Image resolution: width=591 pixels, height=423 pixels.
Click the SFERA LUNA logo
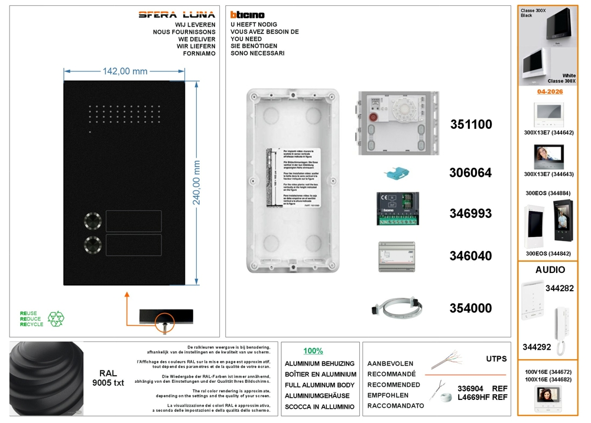(177, 15)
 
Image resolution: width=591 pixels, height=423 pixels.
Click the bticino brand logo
(247, 15)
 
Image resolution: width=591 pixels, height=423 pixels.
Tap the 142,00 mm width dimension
(125, 71)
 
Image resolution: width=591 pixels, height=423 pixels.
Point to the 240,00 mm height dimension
(197, 183)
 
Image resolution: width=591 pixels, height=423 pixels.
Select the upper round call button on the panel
(93, 221)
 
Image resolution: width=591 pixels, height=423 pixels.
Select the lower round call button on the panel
(93, 245)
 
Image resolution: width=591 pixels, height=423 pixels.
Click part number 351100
(470, 125)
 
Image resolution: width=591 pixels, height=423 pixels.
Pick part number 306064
(470, 173)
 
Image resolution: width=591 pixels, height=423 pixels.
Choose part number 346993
(470, 213)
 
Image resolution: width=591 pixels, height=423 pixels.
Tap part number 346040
(470, 256)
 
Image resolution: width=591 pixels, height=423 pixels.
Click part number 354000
(470, 308)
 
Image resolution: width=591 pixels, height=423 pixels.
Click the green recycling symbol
(56, 319)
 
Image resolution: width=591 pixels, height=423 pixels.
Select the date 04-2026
(550, 92)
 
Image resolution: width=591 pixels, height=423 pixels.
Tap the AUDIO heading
(550, 270)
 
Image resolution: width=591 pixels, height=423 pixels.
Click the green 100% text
(313, 351)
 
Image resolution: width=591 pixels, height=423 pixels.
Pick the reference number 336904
(470, 388)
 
